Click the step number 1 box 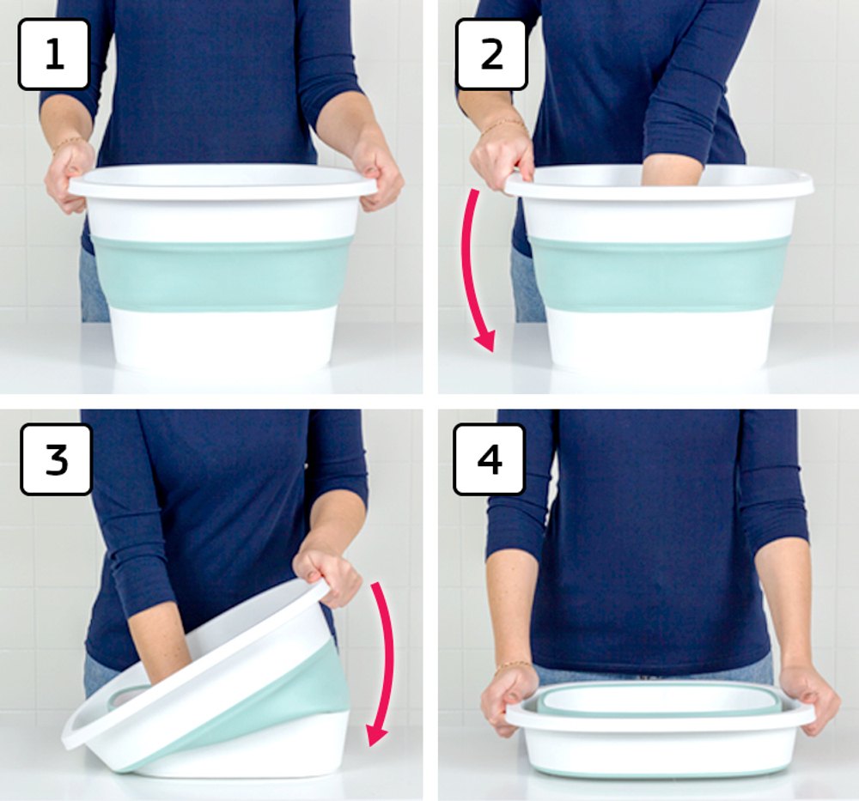click(53, 54)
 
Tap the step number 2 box click(491, 54)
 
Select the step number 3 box click(56, 459)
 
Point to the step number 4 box click(490, 459)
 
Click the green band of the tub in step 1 click(222, 273)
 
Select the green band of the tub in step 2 click(659, 274)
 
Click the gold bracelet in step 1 click(68, 143)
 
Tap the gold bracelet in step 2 click(503, 125)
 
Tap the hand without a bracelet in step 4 click(808, 698)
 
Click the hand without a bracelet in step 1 click(377, 175)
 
